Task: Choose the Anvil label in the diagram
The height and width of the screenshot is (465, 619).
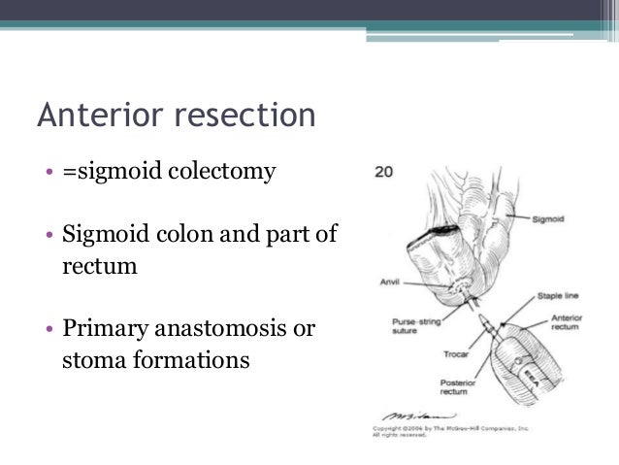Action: [388, 282]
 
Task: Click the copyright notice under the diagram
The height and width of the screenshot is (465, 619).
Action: [456, 430]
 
